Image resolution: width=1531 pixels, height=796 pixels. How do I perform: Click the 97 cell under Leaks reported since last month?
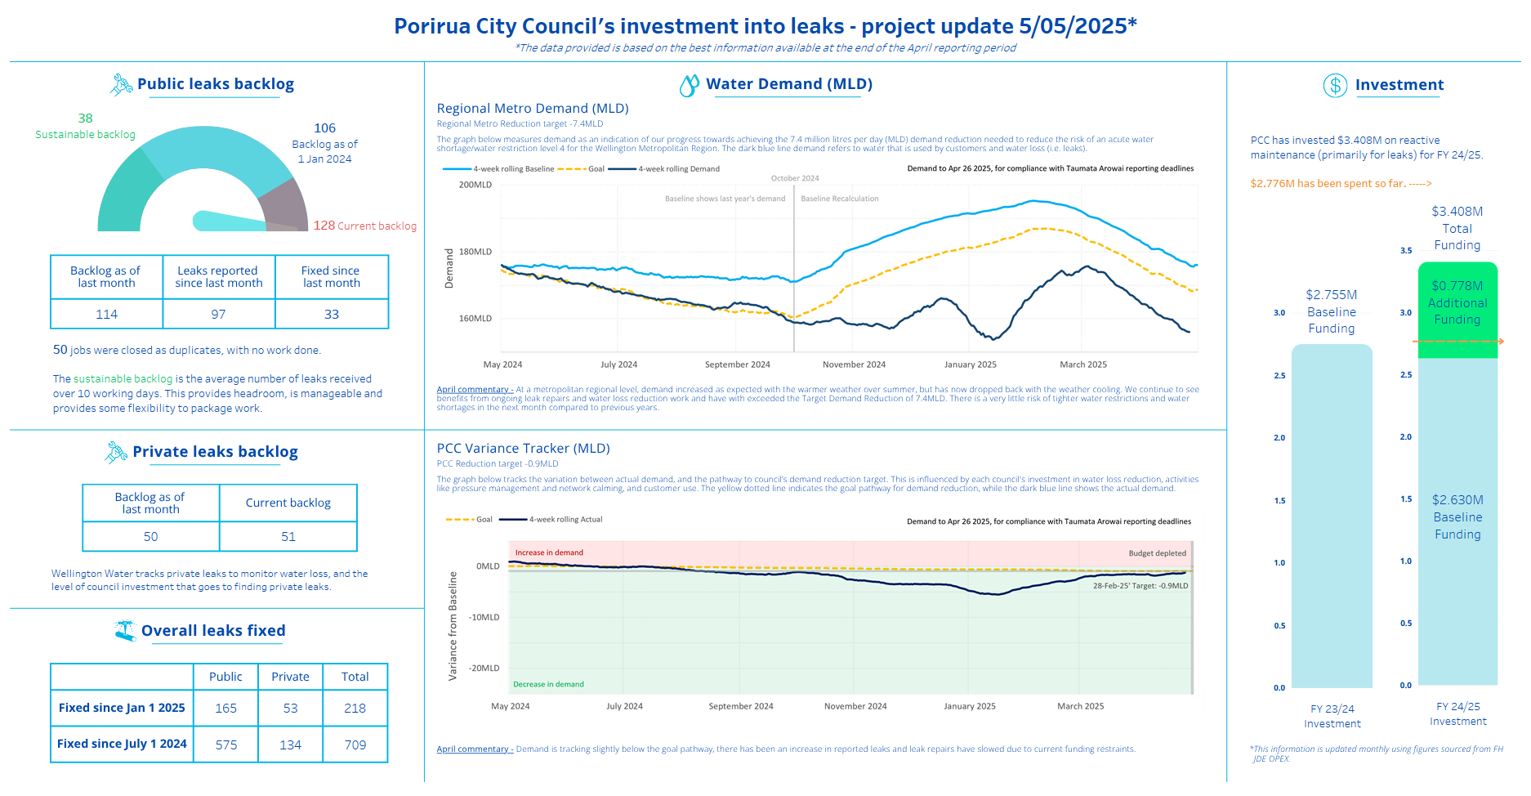click(x=218, y=315)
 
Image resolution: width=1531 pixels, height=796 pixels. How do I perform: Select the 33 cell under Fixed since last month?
click(x=332, y=315)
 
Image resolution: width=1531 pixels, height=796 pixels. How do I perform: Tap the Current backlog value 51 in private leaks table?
click(x=288, y=537)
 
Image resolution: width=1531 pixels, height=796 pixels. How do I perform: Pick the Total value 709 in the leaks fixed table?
click(x=355, y=745)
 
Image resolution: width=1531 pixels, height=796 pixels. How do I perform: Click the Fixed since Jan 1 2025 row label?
click(x=122, y=708)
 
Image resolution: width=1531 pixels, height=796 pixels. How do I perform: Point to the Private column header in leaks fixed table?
click(x=290, y=677)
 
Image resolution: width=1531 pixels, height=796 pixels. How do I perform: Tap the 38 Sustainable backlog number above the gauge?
click(x=85, y=119)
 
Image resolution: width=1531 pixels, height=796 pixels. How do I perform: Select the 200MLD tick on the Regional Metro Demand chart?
click(x=475, y=185)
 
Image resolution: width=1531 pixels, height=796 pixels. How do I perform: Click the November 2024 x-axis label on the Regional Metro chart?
click(x=854, y=364)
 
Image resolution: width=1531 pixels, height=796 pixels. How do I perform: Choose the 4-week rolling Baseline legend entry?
click(x=498, y=169)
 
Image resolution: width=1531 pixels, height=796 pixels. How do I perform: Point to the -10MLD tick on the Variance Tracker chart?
click(x=484, y=617)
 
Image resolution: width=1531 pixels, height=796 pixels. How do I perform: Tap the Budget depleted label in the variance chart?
click(x=1157, y=553)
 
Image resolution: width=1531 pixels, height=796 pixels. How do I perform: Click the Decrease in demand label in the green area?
click(x=548, y=685)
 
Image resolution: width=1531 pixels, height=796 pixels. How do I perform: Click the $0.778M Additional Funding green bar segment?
click(x=1457, y=310)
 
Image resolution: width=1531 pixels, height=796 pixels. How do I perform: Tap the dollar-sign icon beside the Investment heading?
click(x=1335, y=85)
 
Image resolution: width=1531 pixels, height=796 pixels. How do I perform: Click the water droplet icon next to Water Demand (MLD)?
click(x=690, y=85)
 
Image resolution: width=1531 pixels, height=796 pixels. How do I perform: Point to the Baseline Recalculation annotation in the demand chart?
click(x=840, y=199)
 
